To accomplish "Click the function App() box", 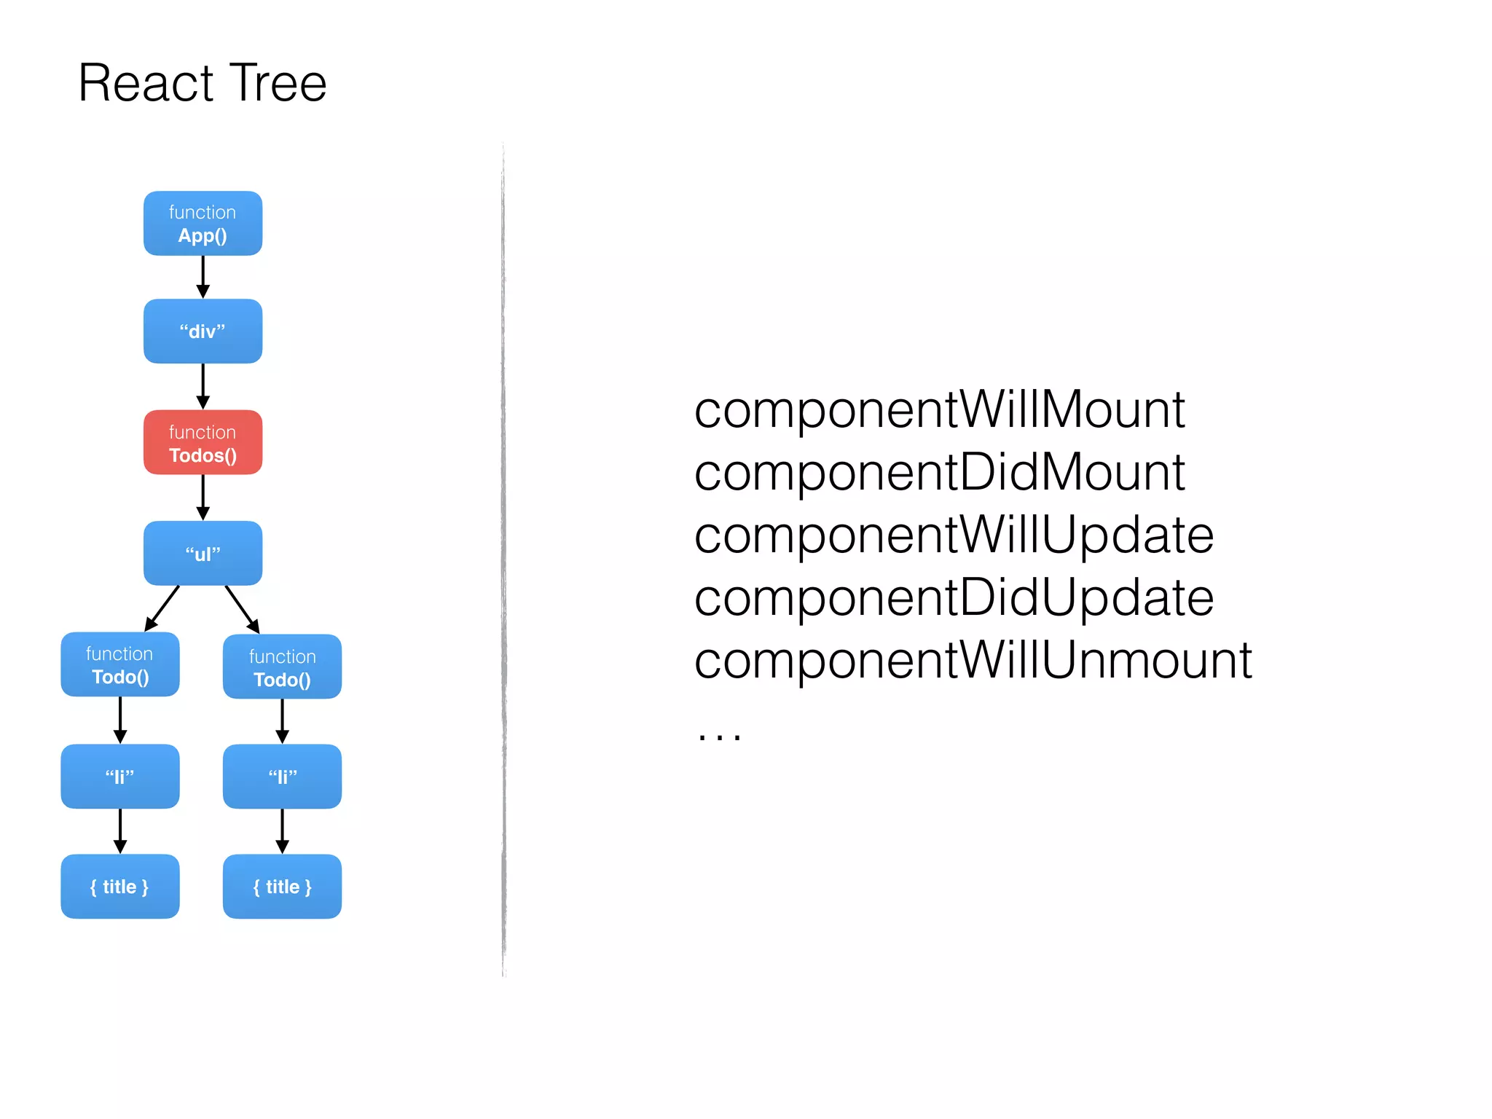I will [203, 224].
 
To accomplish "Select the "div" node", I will [203, 331].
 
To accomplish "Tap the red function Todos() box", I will [203, 443].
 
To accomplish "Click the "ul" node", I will [203, 554].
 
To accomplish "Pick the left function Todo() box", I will [120, 664].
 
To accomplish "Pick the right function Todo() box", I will [282, 667].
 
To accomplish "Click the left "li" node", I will [120, 777].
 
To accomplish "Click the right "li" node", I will [282, 777].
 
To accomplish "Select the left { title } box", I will [120, 887].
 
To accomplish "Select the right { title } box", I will [282, 887].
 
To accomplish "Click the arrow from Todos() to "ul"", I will [203, 498].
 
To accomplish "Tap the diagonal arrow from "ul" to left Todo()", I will [162, 608].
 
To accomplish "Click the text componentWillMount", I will [939, 410].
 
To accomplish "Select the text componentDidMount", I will [939, 473].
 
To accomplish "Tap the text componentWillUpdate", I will [954, 535].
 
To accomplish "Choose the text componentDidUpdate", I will [954, 598].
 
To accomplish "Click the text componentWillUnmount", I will [973, 661].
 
